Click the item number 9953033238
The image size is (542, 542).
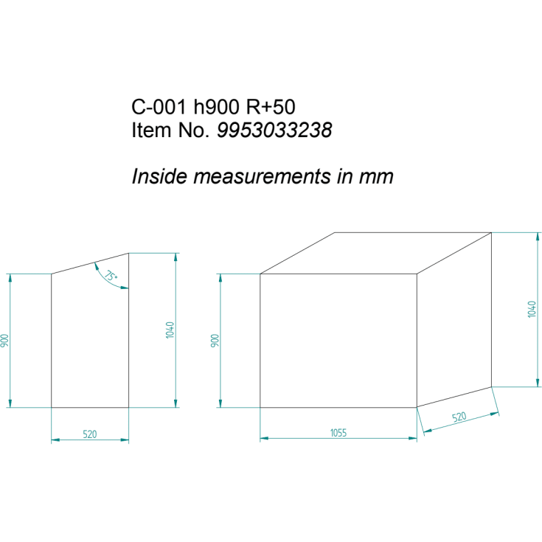pyautogui.click(x=274, y=131)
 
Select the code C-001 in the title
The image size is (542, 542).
pyautogui.click(x=159, y=106)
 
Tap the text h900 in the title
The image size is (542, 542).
pyautogui.click(x=216, y=106)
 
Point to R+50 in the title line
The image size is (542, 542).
pyautogui.click(x=271, y=106)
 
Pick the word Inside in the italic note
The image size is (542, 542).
pyautogui.click(x=159, y=176)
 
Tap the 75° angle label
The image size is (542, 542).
pyautogui.click(x=111, y=276)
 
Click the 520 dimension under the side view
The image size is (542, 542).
pyautogui.click(x=90, y=434)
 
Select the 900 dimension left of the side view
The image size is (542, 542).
pyautogui.click(x=4, y=341)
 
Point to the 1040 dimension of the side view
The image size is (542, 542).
pyautogui.click(x=170, y=330)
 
